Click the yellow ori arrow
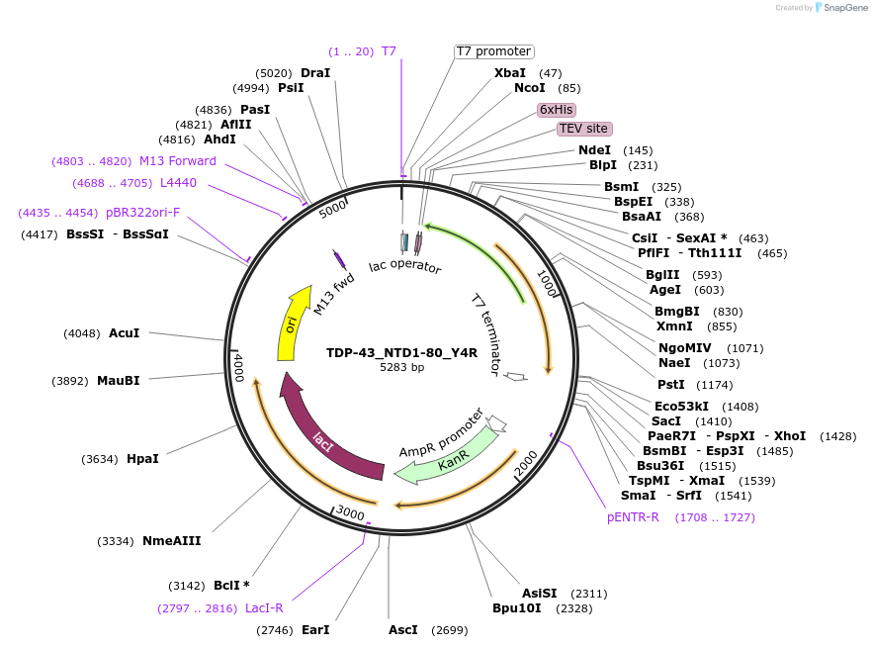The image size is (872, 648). click(289, 326)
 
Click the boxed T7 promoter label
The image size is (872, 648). click(493, 51)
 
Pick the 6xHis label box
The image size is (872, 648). click(557, 109)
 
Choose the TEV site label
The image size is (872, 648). click(583, 129)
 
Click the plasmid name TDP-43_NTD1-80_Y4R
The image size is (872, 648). click(401, 352)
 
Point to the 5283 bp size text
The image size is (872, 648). click(401, 367)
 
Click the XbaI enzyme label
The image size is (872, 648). click(510, 73)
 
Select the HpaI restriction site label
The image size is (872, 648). click(142, 459)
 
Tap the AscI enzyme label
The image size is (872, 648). click(402, 630)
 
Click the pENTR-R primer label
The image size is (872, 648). click(633, 517)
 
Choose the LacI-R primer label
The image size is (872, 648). click(264, 608)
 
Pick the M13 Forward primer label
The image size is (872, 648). click(177, 161)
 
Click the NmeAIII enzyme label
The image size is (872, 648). click(171, 541)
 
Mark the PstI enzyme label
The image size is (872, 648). click(671, 384)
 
